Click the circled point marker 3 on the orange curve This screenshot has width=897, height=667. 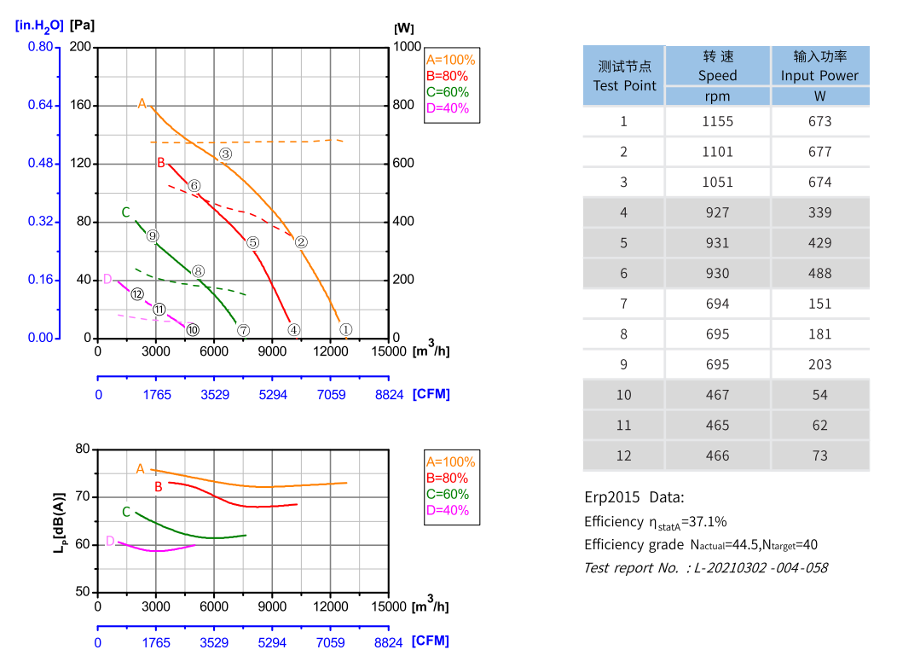(x=225, y=154)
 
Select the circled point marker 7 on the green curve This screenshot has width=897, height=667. (x=243, y=330)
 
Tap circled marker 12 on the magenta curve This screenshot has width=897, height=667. (x=137, y=294)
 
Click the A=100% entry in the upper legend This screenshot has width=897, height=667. (x=450, y=60)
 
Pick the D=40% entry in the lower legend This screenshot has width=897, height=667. (x=447, y=510)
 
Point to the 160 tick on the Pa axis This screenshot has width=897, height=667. (x=79, y=106)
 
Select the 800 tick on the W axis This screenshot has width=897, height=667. (x=406, y=106)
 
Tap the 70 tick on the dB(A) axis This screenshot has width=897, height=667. (x=82, y=496)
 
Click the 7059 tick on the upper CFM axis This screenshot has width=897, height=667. (x=331, y=394)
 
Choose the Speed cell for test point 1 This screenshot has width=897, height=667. (x=717, y=121)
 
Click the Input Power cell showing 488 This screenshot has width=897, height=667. (x=819, y=273)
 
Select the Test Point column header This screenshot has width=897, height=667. (x=624, y=76)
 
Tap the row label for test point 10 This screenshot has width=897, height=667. (x=624, y=394)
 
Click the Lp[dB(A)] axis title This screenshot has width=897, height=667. (x=59, y=519)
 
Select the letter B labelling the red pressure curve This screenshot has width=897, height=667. (x=160, y=163)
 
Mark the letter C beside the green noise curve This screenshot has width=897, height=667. (x=126, y=513)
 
